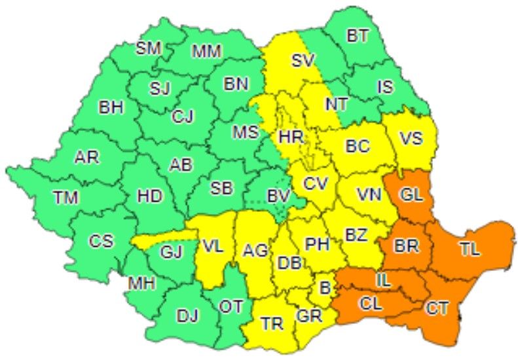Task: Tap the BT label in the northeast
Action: click(x=358, y=36)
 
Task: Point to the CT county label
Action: click(x=437, y=307)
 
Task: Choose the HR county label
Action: click(x=290, y=137)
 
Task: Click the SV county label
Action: click(x=303, y=61)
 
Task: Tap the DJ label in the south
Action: click(x=187, y=316)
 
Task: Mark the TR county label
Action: click(x=272, y=324)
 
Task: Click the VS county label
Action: click(x=411, y=139)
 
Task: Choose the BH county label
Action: click(x=111, y=108)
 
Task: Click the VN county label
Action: click(x=369, y=194)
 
